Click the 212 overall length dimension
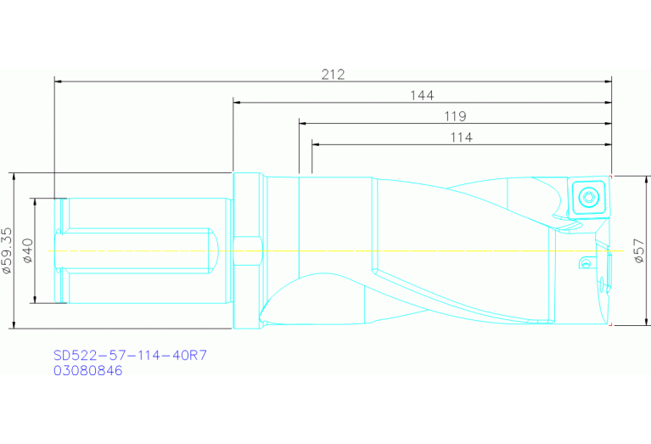tap(333, 74)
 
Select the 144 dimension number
tap(422, 95)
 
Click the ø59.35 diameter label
tap(8, 251)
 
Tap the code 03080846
tap(88, 370)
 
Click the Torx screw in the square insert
tap(586, 198)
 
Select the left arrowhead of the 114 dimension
tap(317, 144)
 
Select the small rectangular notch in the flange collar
tap(245, 250)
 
